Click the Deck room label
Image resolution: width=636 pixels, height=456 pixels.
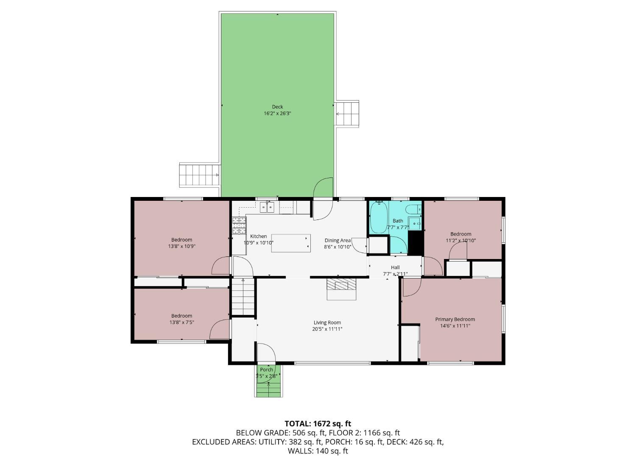pyautogui.click(x=277, y=107)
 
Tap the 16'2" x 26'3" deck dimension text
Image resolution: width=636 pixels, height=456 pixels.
pyautogui.click(x=277, y=113)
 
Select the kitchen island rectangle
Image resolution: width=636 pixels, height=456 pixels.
pyautogui.click(x=291, y=243)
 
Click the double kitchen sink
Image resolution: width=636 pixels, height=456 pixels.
pyautogui.click(x=267, y=207)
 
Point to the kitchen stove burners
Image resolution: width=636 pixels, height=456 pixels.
pyautogui.click(x=239, y=225)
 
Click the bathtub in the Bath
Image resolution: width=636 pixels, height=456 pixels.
pyautogui.click(x=379, y=217)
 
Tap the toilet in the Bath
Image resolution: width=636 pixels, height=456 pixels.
pyautogui.click(x=413, y=210)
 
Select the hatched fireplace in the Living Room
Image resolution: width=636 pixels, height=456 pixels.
pyautogui.click(x=341, y=284)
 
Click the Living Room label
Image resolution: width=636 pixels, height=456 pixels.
pyautogui.click(x=327, y=322)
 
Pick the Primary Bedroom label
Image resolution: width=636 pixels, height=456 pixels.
pyautogui.click(x=455, y=319)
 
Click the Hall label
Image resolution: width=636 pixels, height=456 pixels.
pyautogui.click(x=395, y=267)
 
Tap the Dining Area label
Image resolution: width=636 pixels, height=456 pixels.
pyautogui.click(x=338, y=240)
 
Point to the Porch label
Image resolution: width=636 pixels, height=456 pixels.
pyautogui.click(x=266, y=369)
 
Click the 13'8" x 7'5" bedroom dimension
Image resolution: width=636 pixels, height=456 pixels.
pyautogui.click(x=182, y=322)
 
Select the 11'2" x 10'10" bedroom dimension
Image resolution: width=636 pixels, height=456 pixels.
pyautogui.click(x=461, y=240)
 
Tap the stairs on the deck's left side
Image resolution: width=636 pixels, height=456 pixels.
pyautogui.click(x=199, y=175)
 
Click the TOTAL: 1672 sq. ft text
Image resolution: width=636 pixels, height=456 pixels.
pyautogui.click(x=318, y=424)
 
